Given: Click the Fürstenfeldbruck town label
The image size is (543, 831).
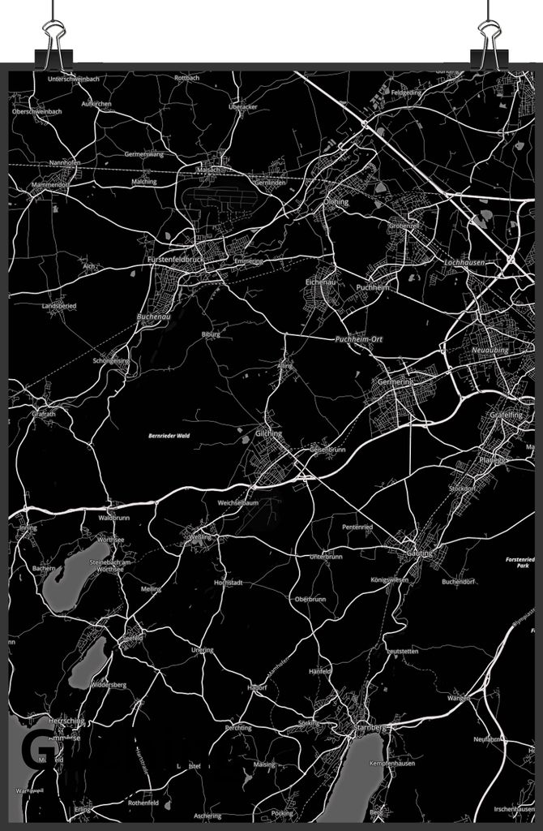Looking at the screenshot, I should tap(175, 259).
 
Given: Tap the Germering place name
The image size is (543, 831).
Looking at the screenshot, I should tap(395, 381).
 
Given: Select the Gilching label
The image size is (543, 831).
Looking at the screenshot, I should tap(268, 433).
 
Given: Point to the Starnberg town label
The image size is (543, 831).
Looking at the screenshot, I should tap(372, 728).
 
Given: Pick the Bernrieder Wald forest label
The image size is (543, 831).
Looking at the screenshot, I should tap(169, 436).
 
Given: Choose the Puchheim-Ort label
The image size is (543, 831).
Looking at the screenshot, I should tap(358, 338).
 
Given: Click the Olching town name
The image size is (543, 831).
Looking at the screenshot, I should tap(336, 202).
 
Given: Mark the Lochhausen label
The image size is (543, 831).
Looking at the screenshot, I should tap(464, 263).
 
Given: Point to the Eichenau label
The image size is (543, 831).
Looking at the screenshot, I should tap(320, 282).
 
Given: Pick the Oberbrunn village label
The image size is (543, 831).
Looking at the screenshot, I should tap(310, 599).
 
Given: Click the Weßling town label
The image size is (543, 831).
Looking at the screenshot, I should tap(199, 536).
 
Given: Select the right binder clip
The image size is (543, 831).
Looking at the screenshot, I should tap(490, 36).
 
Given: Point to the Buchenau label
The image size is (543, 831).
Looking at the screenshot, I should tap(153, 317).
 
